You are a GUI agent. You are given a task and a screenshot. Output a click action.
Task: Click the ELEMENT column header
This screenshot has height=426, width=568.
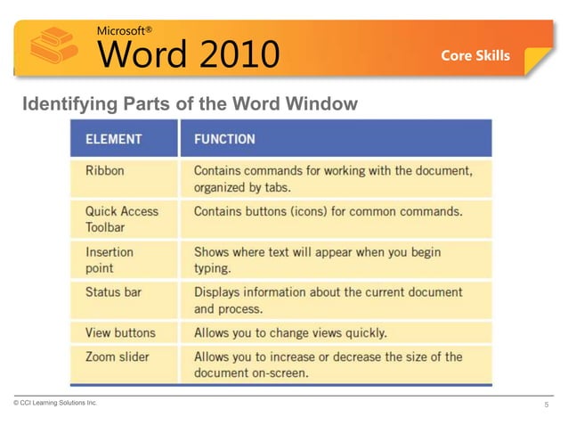[x=113, y=139]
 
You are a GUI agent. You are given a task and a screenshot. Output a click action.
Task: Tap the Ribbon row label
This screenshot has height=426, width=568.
[x=104, y=169]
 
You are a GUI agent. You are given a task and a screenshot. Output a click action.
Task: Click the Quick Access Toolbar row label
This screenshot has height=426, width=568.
[x=121, y=218]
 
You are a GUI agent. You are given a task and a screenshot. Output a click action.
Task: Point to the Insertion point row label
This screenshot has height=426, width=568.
[x=110, y=259]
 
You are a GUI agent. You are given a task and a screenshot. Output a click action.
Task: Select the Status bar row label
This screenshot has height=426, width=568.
[x=113, y=291]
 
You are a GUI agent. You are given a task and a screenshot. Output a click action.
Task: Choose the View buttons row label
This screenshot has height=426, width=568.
[x=120, y=332]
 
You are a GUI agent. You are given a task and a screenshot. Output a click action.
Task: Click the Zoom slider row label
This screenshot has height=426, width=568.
[x=117, y=356]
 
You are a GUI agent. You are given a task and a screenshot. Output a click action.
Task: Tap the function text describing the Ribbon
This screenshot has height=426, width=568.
[x=332, y=178]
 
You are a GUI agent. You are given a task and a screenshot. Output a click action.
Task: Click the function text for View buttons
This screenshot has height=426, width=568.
[x=290, y=332]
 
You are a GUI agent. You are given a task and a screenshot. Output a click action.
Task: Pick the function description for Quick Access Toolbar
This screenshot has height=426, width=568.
[x=328, y=211]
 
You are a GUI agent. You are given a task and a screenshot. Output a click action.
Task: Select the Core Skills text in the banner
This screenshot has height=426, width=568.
[x=475, y=55]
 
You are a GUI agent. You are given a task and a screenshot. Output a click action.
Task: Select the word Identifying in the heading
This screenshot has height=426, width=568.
[x=66, y=105]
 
